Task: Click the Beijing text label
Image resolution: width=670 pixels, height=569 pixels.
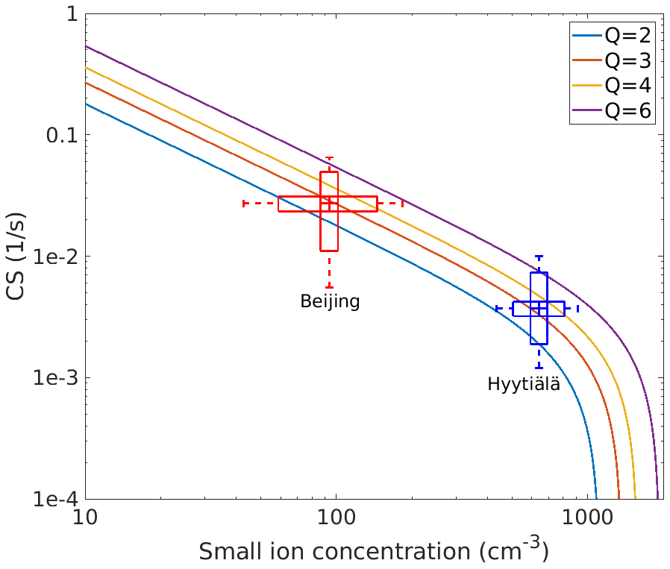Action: click(330, 301)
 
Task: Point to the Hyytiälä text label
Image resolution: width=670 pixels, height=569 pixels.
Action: click(524, 385)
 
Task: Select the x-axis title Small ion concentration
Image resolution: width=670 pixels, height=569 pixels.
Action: click(373, 553)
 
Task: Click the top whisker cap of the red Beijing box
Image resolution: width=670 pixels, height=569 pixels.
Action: click(329, 158)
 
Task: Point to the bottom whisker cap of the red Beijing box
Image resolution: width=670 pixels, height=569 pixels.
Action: click(329, 287)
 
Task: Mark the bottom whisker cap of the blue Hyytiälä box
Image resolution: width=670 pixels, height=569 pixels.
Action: click(539, 368)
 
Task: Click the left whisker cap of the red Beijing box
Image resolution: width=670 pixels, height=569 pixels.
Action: click(245, 203)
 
